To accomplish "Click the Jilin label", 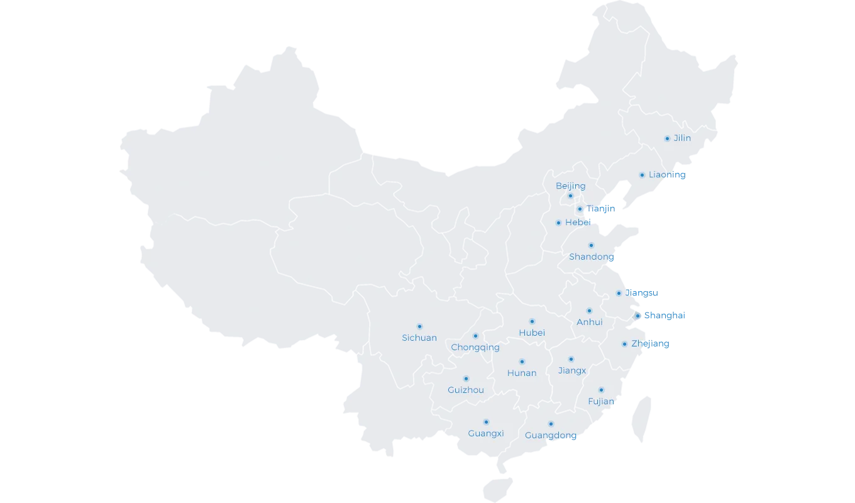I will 682,138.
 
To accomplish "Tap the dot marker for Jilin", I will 667,138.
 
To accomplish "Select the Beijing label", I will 570,186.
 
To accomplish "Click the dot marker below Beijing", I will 570,196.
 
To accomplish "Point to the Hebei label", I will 578,223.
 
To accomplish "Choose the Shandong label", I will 590,257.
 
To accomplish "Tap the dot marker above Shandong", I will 591,245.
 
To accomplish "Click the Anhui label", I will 589,323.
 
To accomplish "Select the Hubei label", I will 532,333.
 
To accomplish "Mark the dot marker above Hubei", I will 532,321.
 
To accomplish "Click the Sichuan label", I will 419,338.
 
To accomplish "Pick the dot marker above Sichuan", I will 419,326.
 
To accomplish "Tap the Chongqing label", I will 475,348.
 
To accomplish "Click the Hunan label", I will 522,373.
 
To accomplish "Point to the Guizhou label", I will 466,390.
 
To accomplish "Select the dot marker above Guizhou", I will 466,379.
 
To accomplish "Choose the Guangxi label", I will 486,434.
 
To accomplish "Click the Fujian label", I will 601,402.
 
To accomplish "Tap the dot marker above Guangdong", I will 551,424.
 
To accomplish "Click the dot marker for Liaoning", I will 642,175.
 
